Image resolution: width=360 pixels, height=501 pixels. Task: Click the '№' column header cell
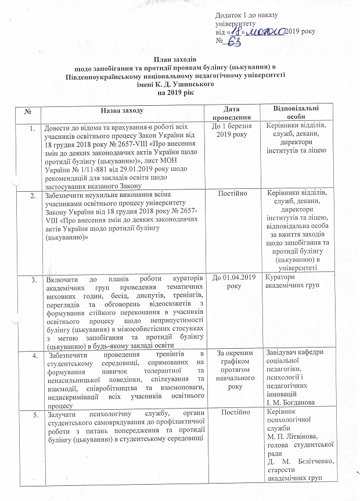pyautogui.click(x=28, y=109)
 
